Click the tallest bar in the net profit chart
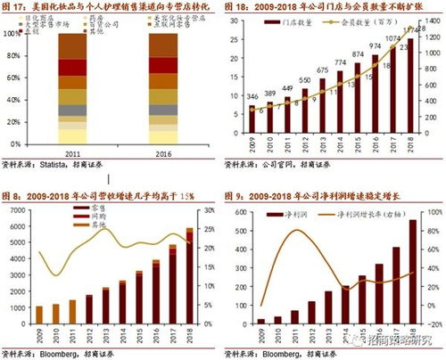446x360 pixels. [x=413, y=273]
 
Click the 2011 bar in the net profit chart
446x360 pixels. [x=295, y=318]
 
